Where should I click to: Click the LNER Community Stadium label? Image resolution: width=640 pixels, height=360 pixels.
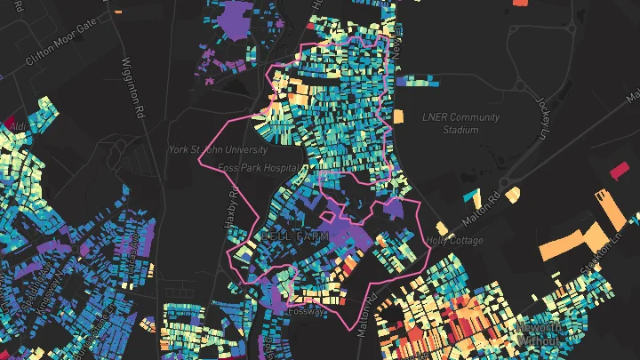[x=449, y=124]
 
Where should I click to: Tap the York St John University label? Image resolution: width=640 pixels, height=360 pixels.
[x=219, y=150]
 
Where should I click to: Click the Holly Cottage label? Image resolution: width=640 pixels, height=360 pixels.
[x=455, y=240]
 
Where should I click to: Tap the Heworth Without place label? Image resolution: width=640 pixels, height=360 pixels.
[x=539, y=334]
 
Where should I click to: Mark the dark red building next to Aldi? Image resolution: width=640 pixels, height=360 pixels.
[x=10, y=121]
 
